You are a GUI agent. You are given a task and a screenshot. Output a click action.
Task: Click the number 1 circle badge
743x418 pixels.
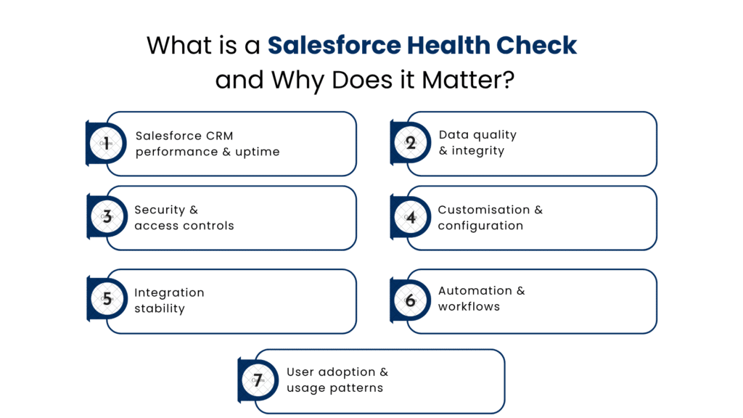click(107, 144)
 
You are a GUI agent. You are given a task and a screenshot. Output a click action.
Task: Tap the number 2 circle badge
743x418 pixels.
click(411, 143)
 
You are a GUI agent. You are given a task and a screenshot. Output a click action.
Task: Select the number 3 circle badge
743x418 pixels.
click(107, 217)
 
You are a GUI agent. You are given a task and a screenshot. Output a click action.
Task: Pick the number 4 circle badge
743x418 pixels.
click(411, 218)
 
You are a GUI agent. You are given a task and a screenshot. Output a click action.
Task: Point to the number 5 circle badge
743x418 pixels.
click(107, 300)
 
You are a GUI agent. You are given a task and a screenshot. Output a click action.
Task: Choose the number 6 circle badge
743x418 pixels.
click(411, 300)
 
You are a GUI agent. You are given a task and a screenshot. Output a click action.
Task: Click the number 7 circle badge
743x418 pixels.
click(258, 380)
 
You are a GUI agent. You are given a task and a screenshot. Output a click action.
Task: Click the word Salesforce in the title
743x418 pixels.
click(334, 45)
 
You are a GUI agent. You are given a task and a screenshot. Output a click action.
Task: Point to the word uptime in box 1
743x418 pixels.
click(258, 152)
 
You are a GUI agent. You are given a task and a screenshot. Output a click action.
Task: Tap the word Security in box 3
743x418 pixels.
click(160, 210)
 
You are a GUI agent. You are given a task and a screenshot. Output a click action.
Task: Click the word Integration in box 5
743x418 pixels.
click(169, 292)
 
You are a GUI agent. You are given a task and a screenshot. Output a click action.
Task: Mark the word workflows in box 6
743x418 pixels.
click(469, 306)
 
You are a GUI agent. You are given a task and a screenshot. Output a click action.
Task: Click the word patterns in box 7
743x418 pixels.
click(356, 388)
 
